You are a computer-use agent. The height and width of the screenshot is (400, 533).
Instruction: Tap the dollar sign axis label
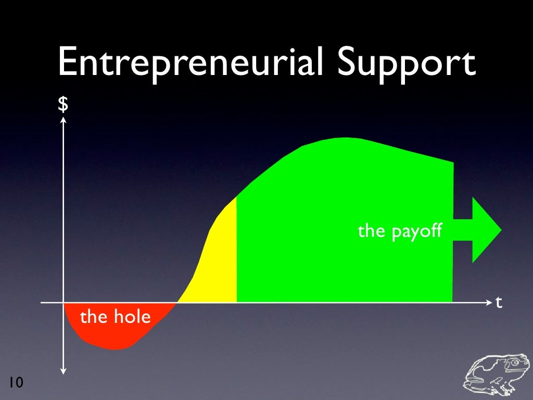63,105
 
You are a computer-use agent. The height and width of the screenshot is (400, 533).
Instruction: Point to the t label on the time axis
499,302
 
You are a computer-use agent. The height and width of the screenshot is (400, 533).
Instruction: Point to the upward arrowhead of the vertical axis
63,120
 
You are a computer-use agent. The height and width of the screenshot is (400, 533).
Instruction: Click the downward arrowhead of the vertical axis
63,371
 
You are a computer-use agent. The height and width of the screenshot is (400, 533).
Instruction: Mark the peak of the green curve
344,139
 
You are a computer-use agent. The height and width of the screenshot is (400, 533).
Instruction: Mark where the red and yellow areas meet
177,303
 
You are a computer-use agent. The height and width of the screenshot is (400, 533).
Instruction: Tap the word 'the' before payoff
371,231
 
